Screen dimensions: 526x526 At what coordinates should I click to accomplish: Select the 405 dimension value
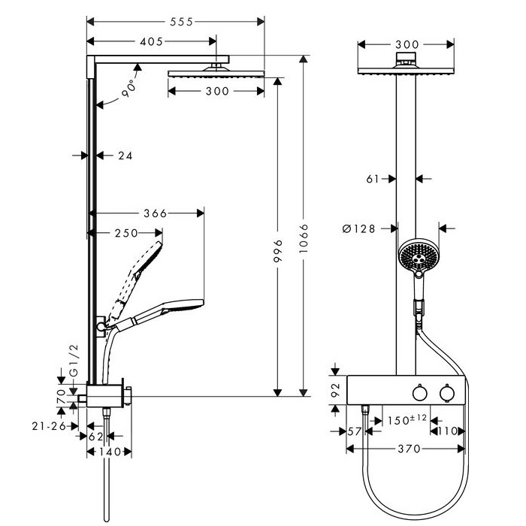tap(150, 42)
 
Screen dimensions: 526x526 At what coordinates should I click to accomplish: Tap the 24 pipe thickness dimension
tap(125, 156)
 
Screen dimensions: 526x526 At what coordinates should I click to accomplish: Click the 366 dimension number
tap(154, 214)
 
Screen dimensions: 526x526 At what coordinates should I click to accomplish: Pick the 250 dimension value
tap(125, 234)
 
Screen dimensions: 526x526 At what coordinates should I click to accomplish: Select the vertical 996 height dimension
tap(278, 252)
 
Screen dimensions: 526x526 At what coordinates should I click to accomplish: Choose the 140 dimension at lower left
tap(110, 452)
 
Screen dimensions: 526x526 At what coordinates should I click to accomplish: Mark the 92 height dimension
tap(336, 389)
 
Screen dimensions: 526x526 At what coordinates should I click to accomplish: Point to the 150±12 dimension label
tap(406, 419)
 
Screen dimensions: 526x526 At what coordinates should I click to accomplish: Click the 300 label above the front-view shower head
tap(406, 44)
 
